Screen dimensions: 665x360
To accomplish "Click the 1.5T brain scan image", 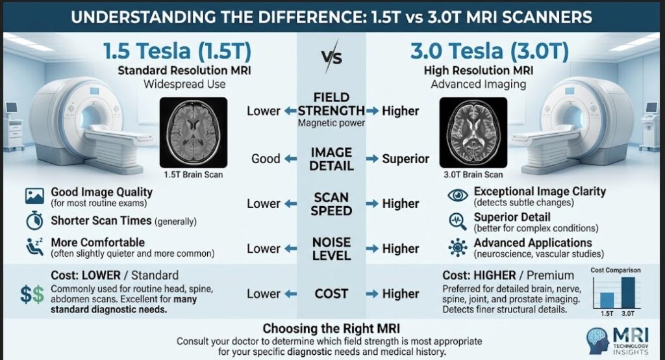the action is point(194,133).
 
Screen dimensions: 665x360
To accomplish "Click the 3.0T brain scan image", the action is point(473,133).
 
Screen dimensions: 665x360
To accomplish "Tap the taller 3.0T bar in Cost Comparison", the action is point(628,293).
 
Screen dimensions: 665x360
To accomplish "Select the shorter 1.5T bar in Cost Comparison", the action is point(607,301).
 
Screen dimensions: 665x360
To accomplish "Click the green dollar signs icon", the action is point(32,294).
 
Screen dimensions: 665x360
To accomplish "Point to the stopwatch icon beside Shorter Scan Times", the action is point(34,221).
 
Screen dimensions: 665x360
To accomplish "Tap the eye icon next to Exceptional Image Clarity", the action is point(458,196).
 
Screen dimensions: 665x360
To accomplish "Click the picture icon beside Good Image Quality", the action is point(34,196).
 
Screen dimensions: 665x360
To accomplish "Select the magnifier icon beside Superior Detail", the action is point(458,222).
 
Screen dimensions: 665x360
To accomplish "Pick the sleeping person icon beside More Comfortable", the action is point(34,247).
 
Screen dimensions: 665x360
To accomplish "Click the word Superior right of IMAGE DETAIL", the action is point(405,159).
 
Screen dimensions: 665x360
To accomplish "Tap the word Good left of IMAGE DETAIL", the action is point(266,159).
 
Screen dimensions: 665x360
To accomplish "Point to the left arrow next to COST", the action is point(290,294).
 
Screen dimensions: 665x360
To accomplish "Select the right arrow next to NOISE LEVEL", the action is point(372,249).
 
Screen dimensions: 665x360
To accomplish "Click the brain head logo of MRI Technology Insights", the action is point(597,341).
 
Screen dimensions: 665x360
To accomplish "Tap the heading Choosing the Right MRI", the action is point(331,329).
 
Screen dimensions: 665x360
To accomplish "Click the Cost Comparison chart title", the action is point(616,270).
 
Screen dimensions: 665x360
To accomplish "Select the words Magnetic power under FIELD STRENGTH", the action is point(331,123).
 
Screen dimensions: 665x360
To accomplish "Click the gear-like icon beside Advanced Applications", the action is point(458,247).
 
